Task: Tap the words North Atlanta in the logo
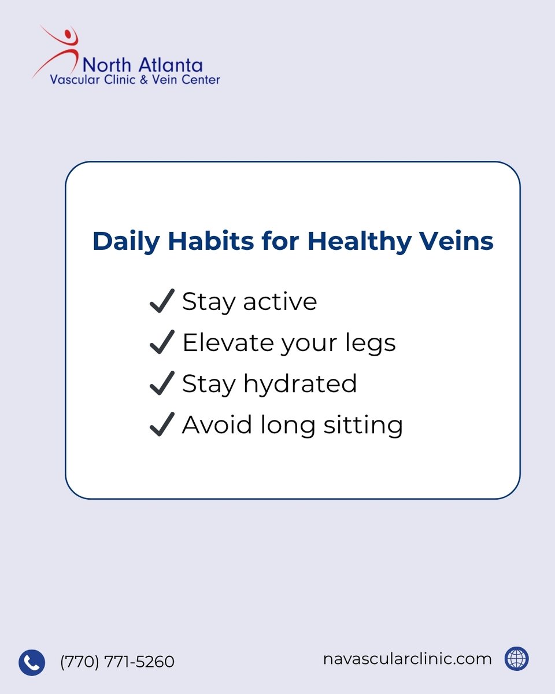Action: pos(142,65)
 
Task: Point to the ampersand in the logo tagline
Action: pos(145,80)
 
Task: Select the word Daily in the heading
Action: pos(126,241)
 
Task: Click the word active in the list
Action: pos(280,302)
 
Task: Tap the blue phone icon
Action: pos(32,662)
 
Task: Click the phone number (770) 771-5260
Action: pos(117,662)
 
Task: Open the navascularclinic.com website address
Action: pos(408,659)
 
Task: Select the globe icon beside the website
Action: pos(516,659)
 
